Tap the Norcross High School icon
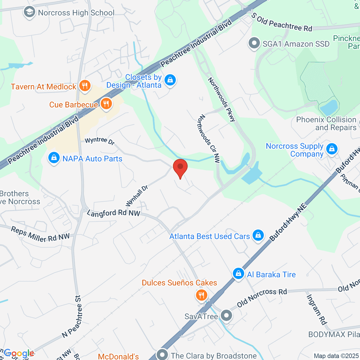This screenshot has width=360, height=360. pyautogui.click(x=29, y=13)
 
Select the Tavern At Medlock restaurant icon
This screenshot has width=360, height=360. pyautogui.click(x=85, y=86)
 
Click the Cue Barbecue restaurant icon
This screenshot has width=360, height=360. pyautogui.click(x=106, y=104)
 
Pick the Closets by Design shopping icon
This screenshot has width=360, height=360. pyautogui.click(x=170, y=80)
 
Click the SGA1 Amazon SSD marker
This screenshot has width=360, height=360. pyautogui.click(x=254, y=43)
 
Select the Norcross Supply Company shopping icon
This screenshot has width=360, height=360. pyautogui.click(x=332, y=149)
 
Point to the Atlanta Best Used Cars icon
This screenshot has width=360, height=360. pyautogui.click(x=258, y=236)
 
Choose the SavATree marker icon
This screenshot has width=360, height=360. pyautogui.click(x=226, y=316)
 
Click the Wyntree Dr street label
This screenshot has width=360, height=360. pyautogui.click(x=100, y=141)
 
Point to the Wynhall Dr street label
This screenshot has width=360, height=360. pyautogui.click(x=137, y=196)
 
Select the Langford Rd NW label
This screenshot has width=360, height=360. pyautogui.click(x=113, y=213)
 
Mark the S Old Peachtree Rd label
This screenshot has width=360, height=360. pyautogui.click(x=282, y=22)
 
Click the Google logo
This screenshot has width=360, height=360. pyautogui.click(x=19, y=353)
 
